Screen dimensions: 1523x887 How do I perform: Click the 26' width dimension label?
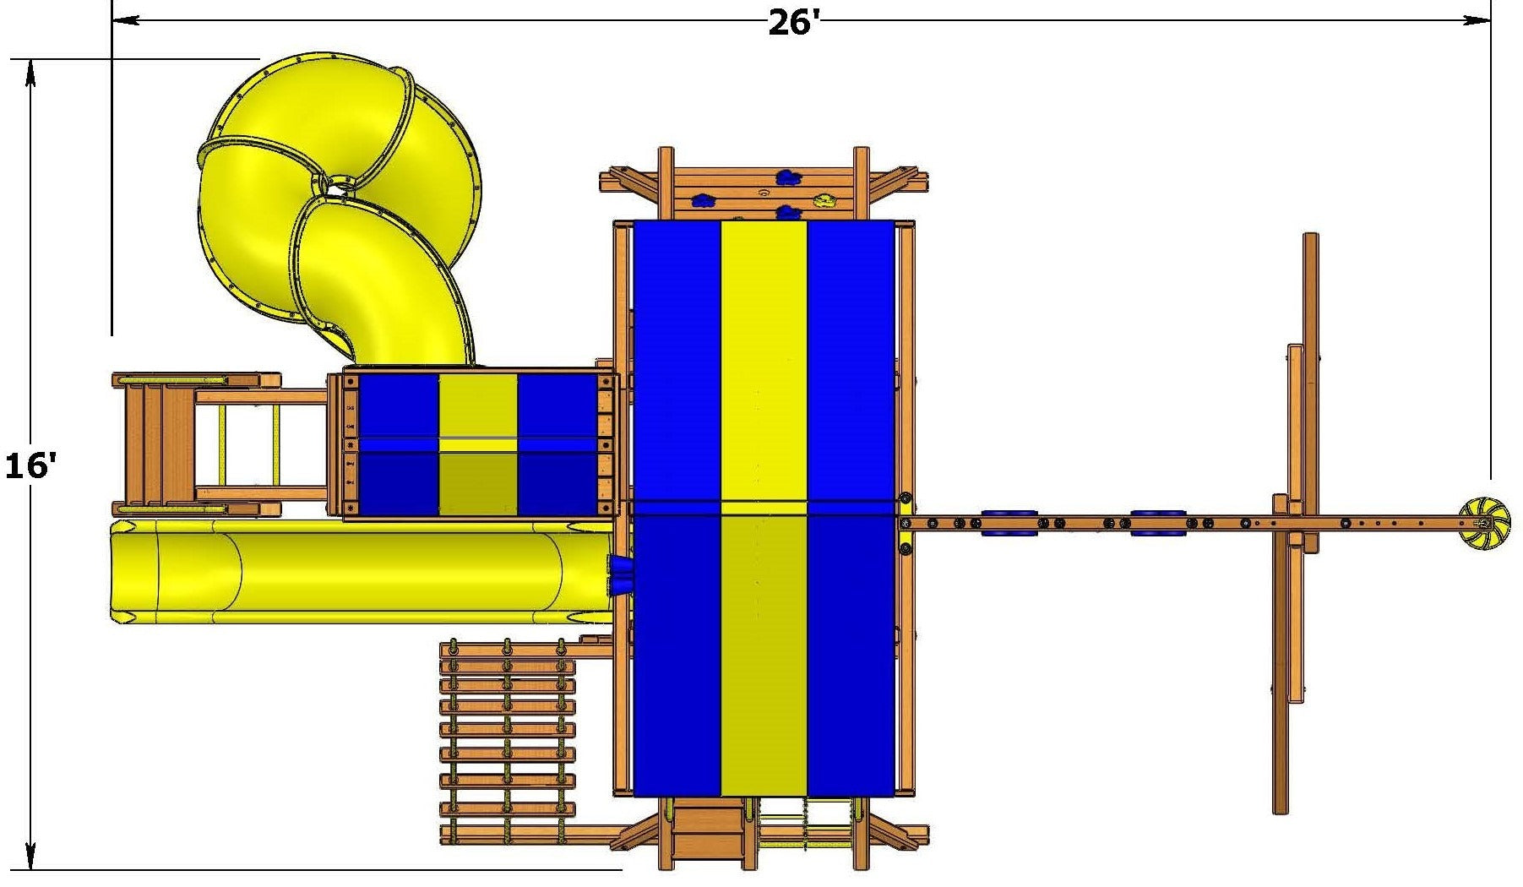coord(793,23)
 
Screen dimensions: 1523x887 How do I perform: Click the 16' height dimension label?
coord(30,465)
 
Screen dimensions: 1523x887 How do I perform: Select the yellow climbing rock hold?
coord(824,200)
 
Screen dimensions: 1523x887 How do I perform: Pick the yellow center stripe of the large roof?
coord(764,508)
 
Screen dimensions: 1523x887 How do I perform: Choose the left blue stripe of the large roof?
coord(677,508)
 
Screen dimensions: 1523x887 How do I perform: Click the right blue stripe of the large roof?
coord(851,508)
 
